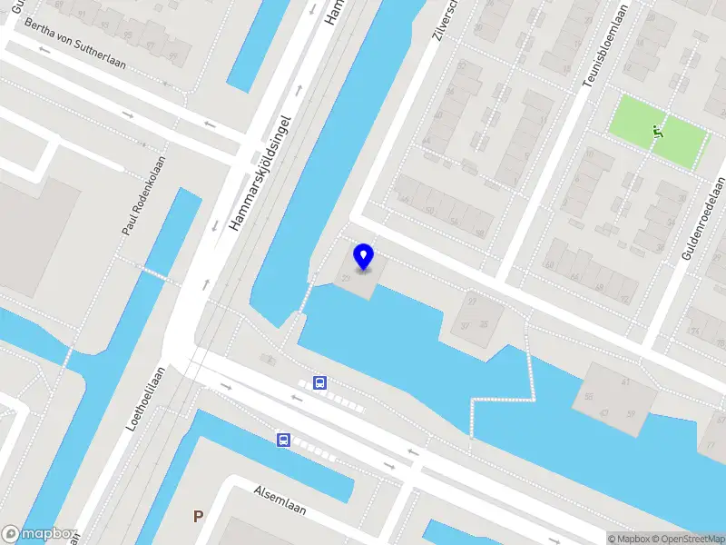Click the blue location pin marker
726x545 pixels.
[364, 256]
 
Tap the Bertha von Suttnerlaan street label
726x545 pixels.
[75, 44]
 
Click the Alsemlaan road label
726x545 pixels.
[280, 501]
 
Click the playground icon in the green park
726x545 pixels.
[658, 133]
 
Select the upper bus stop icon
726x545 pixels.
[320, 383]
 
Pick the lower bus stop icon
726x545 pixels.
[284, 441]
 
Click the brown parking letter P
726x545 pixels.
[198, 516]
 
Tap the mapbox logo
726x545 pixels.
[38, 535]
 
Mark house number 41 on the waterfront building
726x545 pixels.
[626, 382]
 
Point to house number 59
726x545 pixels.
[632, 415]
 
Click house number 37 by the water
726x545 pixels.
[466, 326]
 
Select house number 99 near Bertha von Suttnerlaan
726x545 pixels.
[172, 56]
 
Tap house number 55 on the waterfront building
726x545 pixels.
[589, 397]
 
